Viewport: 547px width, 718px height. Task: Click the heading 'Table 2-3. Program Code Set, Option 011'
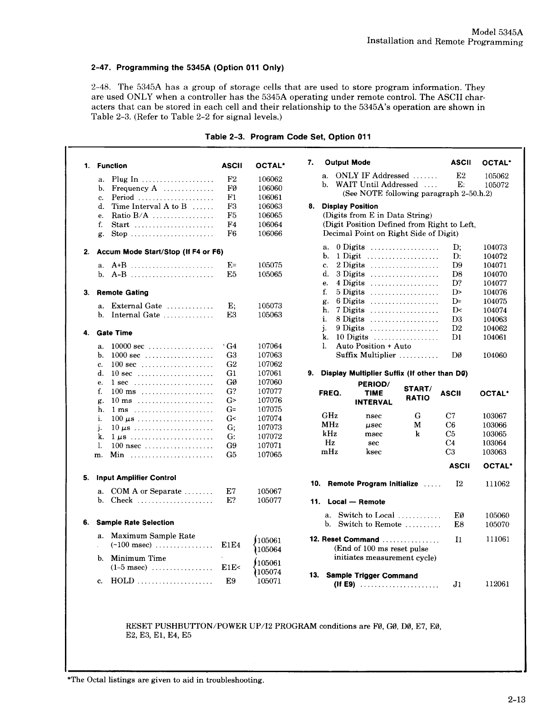click(x=288, y=137)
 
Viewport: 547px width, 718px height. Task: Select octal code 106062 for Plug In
click(x=270, y=179)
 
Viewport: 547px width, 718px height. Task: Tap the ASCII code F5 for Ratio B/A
click(x=232, y=216)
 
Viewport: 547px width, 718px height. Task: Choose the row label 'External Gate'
click(x=136, y=306)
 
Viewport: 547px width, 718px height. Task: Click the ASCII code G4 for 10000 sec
click(x=231, y=347)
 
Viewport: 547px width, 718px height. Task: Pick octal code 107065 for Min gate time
click(x=269, y=455)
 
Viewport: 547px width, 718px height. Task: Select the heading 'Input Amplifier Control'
click(x=136, y=478)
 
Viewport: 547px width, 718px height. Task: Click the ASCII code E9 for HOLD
click(x=231, y=581)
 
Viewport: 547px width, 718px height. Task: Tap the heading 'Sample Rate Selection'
click(x=135, y=523)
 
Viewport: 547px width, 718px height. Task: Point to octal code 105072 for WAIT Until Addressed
click(x=496, y=185)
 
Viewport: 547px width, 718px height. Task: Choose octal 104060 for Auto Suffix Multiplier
click(x=495, y=356)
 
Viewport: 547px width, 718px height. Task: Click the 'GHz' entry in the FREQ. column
click(x=329, y=416)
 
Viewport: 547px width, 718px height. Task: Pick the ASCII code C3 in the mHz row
click(x=450, y=452)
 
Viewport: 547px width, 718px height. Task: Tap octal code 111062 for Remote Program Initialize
click(x=497, y=484)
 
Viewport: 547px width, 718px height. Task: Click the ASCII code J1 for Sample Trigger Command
click(x=458, y=584)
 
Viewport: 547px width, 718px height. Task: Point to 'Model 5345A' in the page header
click(x=497, y=32)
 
